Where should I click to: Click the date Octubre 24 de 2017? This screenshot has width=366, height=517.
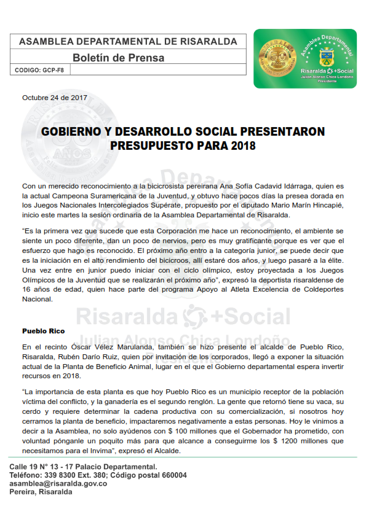pyautogui.click(x=55, y=98)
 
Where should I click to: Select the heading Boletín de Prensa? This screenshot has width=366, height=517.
pyautogui.click(x=119, y=58)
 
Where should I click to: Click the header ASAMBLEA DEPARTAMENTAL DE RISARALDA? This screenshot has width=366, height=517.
pyautogui.click(x=128, y=42)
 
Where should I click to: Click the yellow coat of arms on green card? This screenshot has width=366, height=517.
pyautogui.click(x=327, y=61)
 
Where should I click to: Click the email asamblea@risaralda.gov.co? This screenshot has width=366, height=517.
pyautogui.click(x=58, y=483)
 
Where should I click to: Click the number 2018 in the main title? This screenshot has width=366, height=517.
pyautogui.click(x=241, y=146)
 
